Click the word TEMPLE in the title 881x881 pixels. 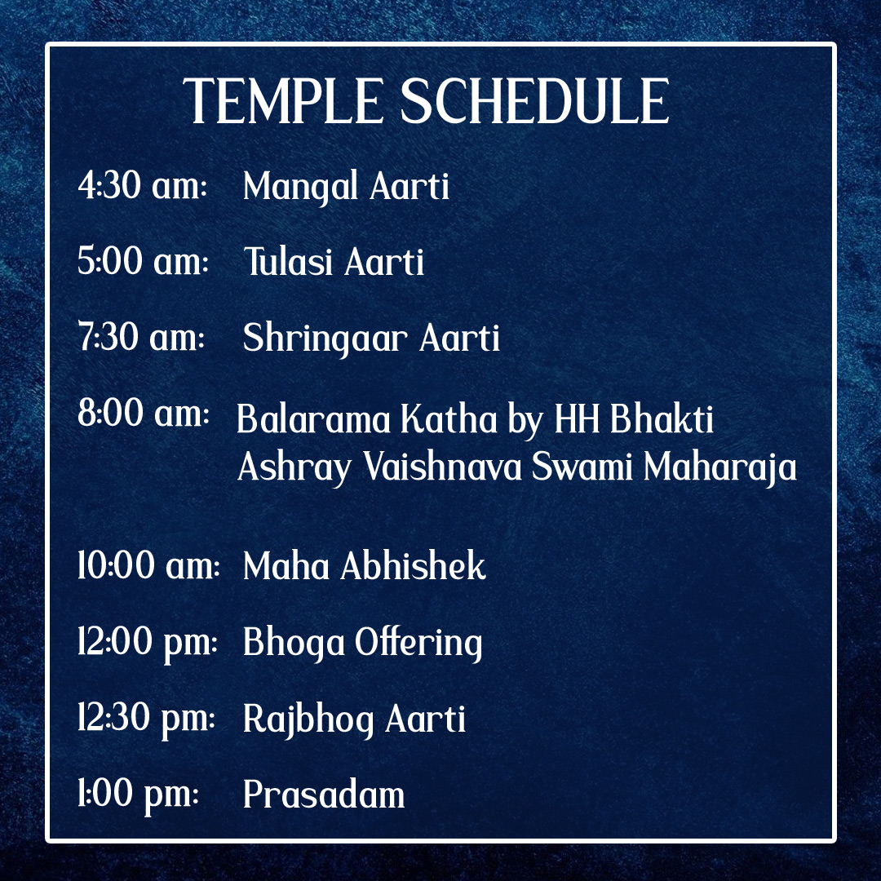coord(283,101)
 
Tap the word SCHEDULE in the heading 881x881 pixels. coord(534,101)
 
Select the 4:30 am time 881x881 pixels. coord(142,185)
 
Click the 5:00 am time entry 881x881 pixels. coord(143,261)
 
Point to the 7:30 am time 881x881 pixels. coord(141,337)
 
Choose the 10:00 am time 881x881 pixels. coord(148,564)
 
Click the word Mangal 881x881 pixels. coord(300,188)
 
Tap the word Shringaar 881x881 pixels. coord(325,339)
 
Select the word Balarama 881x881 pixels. coord(312,419)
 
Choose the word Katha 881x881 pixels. coord(449,419)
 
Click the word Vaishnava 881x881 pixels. coord(442,467)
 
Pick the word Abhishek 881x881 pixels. coord(413,565)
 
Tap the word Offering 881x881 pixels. coord(418,644)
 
